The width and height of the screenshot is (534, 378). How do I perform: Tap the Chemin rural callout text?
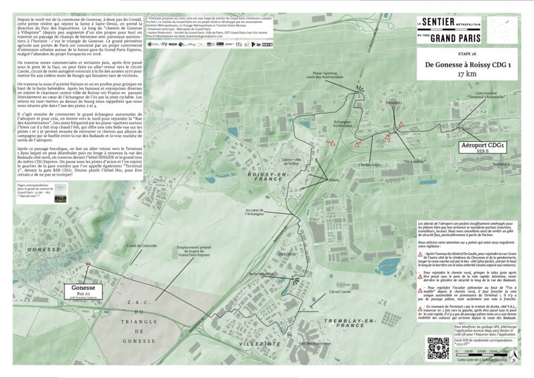[x=371, y=165]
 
